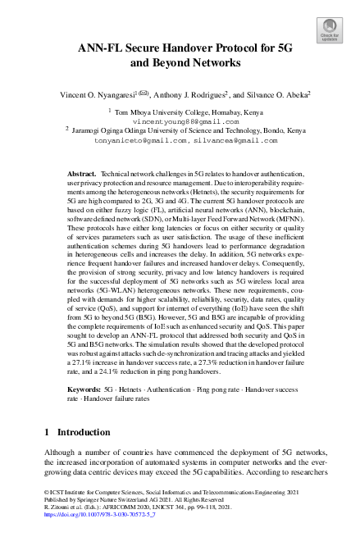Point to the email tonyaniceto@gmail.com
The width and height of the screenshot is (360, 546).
pyautogui.click(x=140, y=140)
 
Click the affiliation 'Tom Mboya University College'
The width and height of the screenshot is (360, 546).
pyautogui.click(x=167, y=111)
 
